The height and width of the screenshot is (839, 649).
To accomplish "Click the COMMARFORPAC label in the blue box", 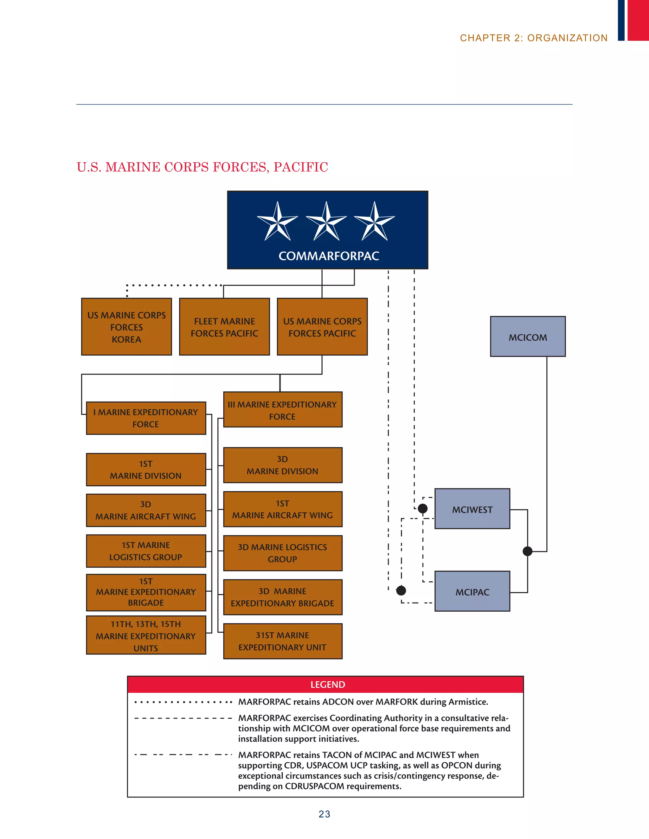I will (x=329, y=256).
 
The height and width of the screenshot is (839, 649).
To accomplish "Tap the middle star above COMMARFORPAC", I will (x=326, y=222).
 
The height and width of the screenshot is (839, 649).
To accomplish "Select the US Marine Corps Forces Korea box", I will (x=126, y=327).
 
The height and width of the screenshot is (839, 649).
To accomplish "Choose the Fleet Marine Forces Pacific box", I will (x=225, y=327).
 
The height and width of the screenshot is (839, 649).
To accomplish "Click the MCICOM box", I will (x=528, y=337).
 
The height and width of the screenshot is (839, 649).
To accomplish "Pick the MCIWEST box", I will (x=472, y=509).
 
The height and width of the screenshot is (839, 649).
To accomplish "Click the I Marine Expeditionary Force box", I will (x=146, y=418).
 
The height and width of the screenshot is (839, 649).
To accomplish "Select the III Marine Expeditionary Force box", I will (x=283, y=410).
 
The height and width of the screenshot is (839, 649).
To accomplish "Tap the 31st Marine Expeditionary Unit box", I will (x=283, y=641).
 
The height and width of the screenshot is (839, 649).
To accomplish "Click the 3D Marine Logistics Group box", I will (x=283, y=553).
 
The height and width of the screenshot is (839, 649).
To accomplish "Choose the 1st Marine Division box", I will (x=146, y=470).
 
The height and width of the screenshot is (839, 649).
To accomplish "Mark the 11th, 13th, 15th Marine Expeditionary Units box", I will (x=146, y=635).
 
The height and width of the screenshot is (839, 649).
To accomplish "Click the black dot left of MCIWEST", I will (x=422, y=509).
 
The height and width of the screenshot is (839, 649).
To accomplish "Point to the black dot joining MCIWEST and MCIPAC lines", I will (x=528, y=551).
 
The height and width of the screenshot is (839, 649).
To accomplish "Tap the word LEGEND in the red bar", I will (x=328, y=684).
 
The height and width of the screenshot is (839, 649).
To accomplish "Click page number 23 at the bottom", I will (x=324, y=814).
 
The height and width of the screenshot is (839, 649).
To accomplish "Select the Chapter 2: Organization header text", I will (x=534, y=38).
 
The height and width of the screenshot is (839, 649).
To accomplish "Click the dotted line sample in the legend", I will (x=183, y=702).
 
